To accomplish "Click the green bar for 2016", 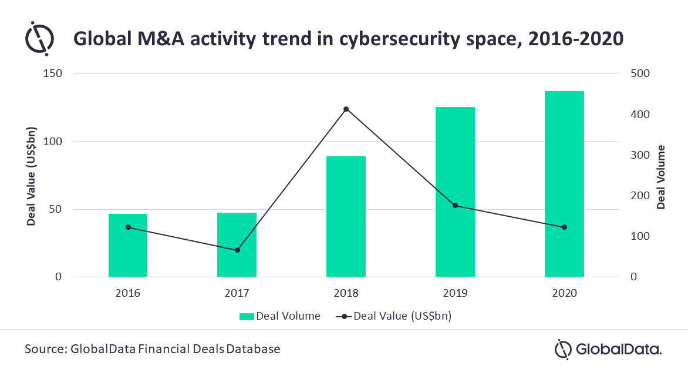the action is coord(128,245).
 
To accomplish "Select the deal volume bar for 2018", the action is coord(346,217).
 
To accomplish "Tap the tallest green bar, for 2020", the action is coord(564,184).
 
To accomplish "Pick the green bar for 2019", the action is coord(455,192).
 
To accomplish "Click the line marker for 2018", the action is coord(346,109).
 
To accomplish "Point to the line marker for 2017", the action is coord(237,250).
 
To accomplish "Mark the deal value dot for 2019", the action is coord(455,206).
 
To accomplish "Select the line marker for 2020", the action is coord(564,227).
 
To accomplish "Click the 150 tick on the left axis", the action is coord(53,73).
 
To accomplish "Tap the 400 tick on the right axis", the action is coord(640,114).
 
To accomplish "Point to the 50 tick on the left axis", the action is coord(55,209).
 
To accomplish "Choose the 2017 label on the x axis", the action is coord(237,293).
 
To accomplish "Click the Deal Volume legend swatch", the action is coord(247,316).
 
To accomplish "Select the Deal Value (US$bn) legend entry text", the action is coord(402,316).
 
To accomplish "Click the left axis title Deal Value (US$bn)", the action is coord(31,177).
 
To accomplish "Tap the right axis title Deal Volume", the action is coord(661,177).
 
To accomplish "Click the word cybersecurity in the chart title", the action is coord(399,39).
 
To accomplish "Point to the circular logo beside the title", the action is coord(39,38).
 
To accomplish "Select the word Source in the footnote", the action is coord(45,349).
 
